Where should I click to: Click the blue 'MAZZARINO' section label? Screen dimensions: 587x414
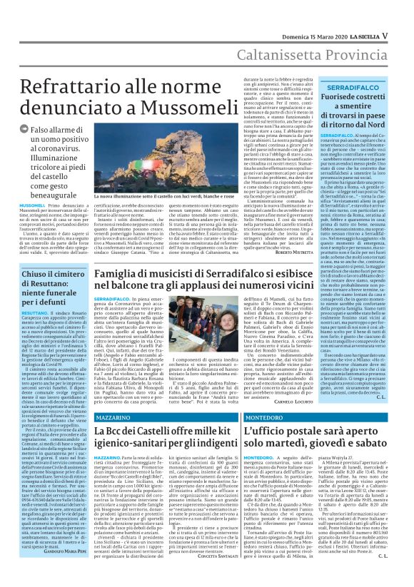tap(116, 416)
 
